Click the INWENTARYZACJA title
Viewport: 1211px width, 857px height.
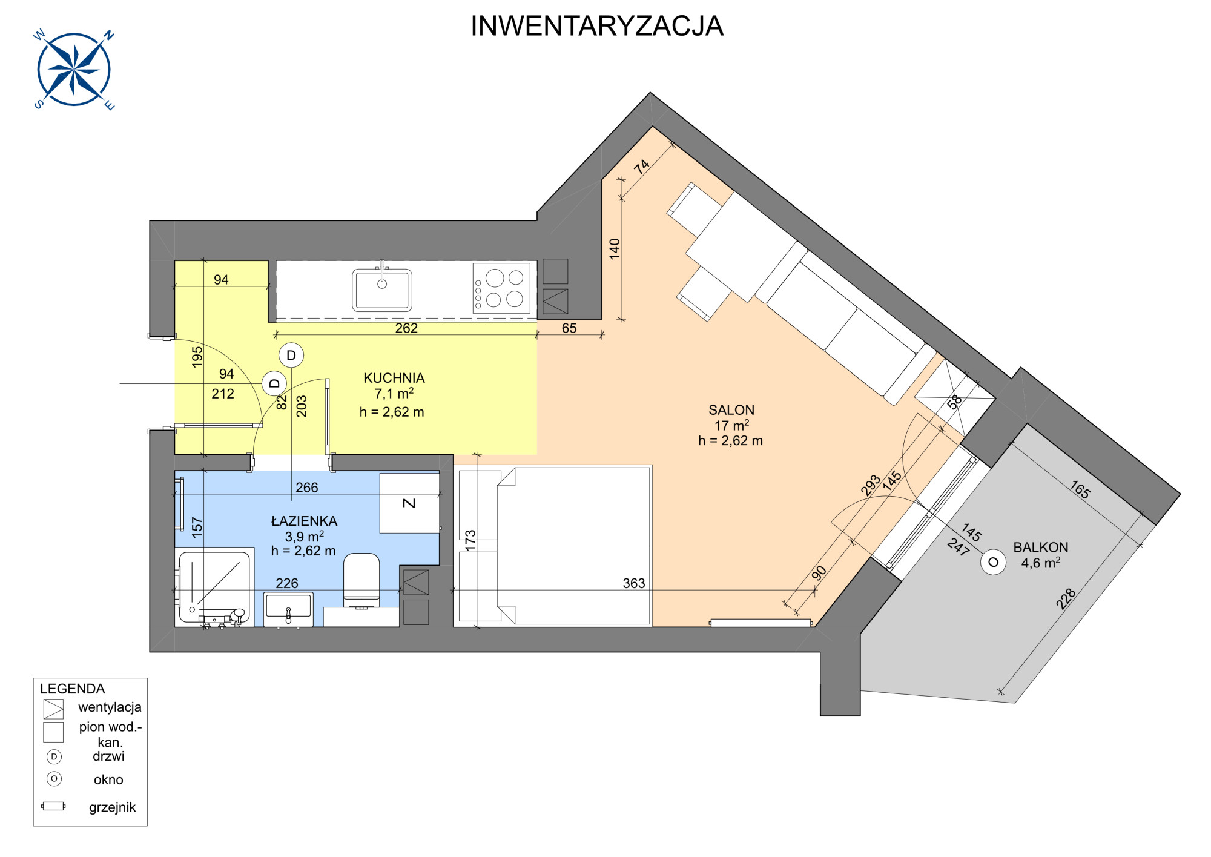point(597,26)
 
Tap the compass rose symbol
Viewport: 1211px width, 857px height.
point(74,70)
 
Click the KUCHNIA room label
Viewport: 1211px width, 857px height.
point(394,378)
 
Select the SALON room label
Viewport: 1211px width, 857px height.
point(731,410)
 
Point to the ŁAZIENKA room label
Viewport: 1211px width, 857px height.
point(304,520)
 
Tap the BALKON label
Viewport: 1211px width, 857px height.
point(1041,547)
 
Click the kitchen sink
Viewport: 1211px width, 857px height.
point(382,289)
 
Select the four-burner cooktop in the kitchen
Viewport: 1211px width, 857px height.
point(501,288)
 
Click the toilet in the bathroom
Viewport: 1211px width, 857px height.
point(361,580)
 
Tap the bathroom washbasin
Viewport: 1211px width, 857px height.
point(288,609)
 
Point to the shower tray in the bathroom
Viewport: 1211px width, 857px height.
point(214,587)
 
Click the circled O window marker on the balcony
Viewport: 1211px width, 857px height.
point(993,562)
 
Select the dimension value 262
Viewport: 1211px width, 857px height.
point(406,328)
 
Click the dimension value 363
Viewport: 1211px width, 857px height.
point(634,583)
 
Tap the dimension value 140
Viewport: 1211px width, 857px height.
point(615,249)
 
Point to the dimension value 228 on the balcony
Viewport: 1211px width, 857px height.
point(1066,598)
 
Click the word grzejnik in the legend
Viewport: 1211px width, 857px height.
point(112,807)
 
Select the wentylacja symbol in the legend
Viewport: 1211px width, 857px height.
point(53,709)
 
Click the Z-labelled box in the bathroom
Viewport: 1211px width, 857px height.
point(409,503)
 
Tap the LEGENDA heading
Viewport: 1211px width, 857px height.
point(73,689)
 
